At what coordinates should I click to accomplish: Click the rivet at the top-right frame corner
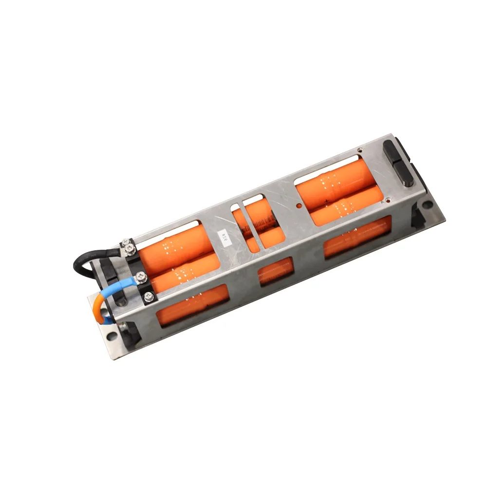coord(359,150)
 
